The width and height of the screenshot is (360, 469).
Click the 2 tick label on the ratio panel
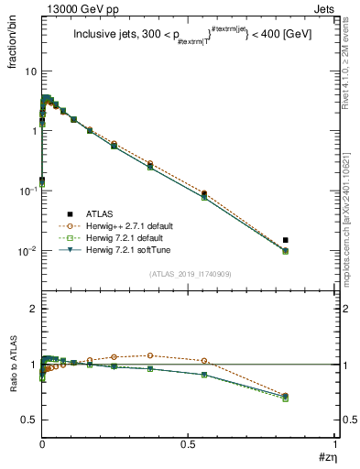32,310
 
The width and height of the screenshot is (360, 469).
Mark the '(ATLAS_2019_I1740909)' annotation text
189,274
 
